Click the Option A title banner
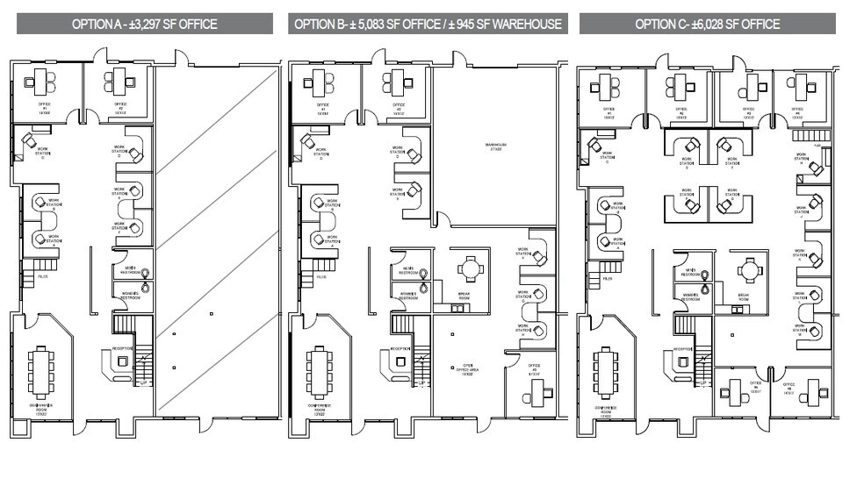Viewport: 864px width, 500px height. pos(144,24)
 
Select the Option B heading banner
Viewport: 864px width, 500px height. pos(428,24)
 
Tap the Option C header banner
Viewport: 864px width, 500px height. pos(708,24)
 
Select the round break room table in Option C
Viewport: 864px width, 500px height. pos(748,268)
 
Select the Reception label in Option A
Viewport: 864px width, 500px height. pos(122,348)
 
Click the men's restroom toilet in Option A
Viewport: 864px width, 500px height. pos(145,274)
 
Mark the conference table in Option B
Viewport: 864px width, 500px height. pos(319,370)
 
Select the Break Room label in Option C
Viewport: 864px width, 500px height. pos(744,296)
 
